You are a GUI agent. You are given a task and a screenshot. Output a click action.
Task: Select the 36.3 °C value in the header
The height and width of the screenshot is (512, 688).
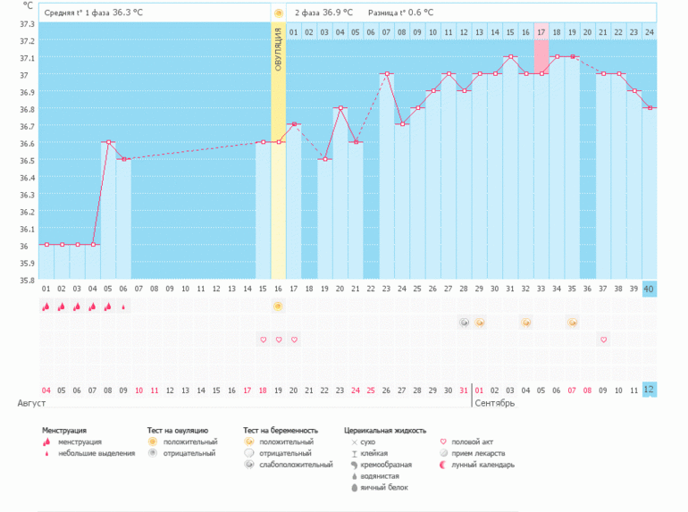(128, 13)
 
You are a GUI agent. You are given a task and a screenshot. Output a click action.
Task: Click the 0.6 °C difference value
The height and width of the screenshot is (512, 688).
(417, 13)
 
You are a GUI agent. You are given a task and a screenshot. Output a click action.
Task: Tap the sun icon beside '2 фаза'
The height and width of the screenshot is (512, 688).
(279, 13)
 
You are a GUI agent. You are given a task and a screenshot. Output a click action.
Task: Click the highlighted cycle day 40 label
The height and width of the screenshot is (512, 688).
(650, 289)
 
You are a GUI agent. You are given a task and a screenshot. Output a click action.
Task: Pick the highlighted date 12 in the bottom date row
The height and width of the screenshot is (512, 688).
(650, 390)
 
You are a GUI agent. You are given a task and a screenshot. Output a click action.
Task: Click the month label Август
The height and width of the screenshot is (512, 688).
(31, 403)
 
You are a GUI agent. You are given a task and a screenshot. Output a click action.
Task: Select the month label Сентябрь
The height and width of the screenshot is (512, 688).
(494, 403)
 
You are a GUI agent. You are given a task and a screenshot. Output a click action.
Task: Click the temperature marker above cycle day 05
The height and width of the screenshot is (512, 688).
(108, 142)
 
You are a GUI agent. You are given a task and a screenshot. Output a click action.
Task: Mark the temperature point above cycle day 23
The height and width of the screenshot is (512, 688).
(386, 73)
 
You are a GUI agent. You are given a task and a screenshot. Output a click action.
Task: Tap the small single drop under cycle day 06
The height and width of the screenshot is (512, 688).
(123, 306)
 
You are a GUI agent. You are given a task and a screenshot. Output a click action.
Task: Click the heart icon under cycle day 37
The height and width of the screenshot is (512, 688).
(604, 340)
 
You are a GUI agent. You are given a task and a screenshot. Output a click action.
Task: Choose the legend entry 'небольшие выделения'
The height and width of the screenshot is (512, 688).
(96, 453)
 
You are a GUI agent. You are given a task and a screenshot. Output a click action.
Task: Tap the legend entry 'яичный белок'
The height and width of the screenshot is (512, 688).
(382, 488)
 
